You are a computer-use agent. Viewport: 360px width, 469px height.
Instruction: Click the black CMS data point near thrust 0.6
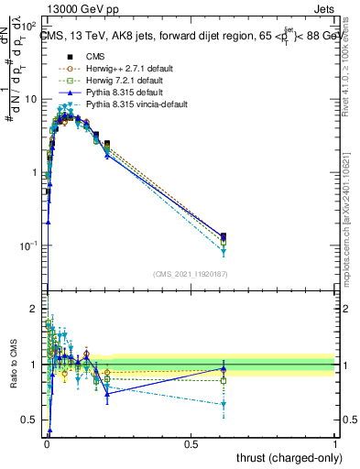224,236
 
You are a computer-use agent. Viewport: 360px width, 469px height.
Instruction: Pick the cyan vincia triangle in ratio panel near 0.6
224,404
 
